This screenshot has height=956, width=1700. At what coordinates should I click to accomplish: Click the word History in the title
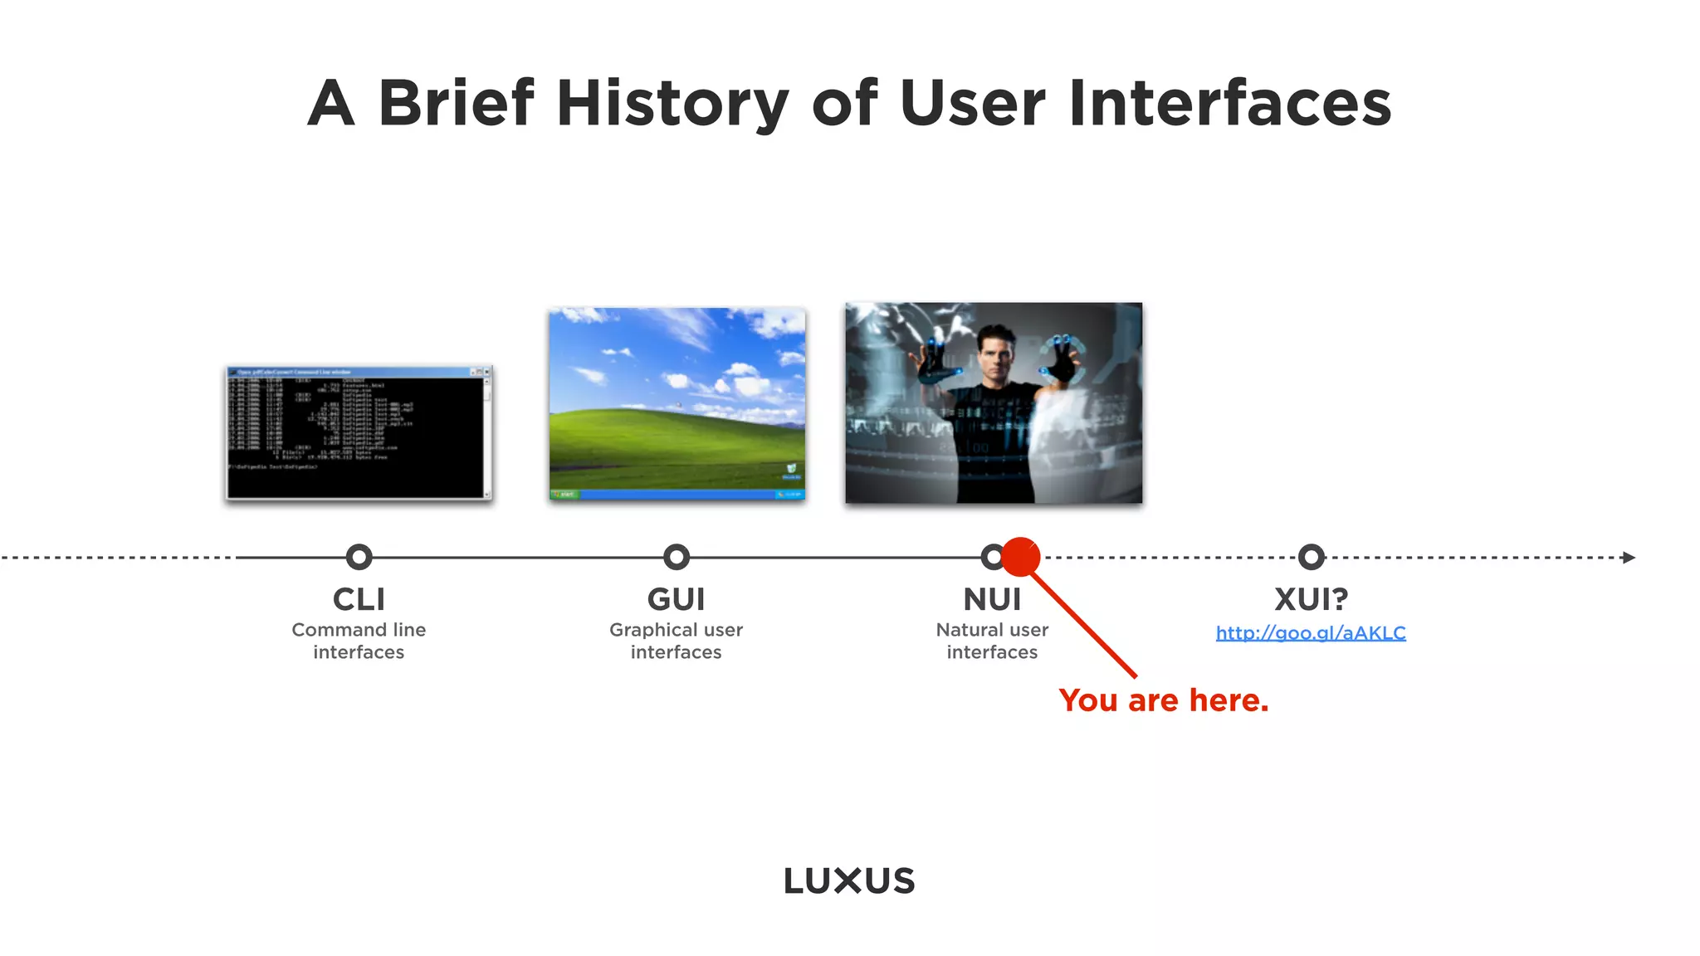(x=672, y=105)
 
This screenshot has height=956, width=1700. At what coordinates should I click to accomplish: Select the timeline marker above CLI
(x=359, y=557)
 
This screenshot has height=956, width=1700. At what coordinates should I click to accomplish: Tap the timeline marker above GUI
(x=677, y=557)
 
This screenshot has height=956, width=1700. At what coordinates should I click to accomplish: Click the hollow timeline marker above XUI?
(x=1311, y=557)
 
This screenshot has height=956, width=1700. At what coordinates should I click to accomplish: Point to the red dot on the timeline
(x=1021, y=557)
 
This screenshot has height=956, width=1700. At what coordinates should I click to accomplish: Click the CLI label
(x=359, y=599)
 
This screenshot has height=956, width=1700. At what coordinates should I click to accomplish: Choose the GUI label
(x=677, y=599)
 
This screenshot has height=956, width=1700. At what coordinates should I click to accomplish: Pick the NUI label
(x=992, y=599)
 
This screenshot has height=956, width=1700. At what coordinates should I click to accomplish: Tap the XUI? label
(x=1311, y=599)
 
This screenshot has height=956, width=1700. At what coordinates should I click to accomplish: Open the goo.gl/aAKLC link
(x=1311, y=633)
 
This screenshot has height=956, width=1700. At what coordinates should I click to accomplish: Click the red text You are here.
(x=1163, y=700)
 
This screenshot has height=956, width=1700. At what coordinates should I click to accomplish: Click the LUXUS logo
(x=849, y=880)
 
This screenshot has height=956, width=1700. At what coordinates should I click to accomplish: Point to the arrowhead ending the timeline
(x=1629, y=558)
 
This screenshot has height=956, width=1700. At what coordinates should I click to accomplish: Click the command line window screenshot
(x=359, y=433)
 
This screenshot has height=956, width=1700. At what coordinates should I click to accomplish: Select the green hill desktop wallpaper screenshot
(x=677, y=398)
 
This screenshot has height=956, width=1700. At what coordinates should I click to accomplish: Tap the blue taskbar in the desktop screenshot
(x=677, y=495)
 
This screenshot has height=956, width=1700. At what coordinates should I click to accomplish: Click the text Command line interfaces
(x=359, y=641)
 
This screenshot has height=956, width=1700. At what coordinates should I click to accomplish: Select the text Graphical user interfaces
(x=677, y=641)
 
